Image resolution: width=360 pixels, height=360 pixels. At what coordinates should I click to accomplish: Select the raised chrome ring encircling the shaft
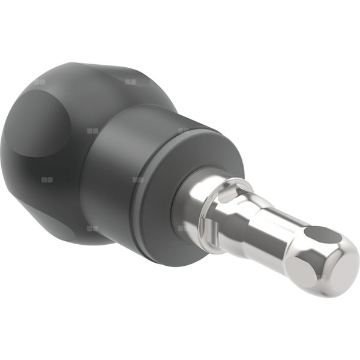point(231,198)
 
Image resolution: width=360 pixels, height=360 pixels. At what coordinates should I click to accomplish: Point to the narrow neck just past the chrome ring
point(252,210)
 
